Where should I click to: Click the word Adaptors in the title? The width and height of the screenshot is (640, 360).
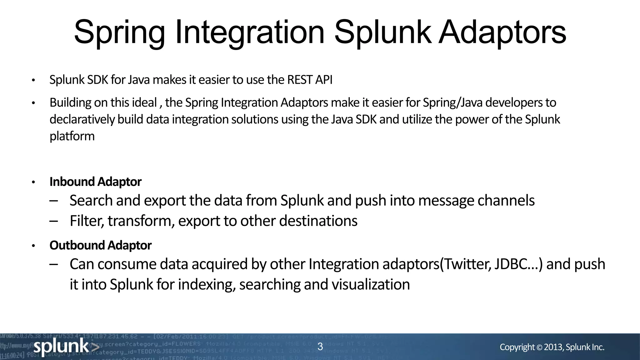502,32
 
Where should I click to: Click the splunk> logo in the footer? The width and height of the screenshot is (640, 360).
66,347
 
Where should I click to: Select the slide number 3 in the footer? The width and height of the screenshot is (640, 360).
320,346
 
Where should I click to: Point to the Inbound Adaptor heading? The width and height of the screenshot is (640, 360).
95,182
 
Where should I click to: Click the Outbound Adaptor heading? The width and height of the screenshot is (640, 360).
100,245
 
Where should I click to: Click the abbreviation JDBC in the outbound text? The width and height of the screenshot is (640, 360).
511,264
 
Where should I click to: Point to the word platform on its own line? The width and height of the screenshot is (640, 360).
72,137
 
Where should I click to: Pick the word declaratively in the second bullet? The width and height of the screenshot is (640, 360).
82,120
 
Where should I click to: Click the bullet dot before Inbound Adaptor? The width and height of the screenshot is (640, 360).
33,182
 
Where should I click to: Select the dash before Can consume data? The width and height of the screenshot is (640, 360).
54,264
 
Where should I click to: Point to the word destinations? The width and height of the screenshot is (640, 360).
318,221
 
